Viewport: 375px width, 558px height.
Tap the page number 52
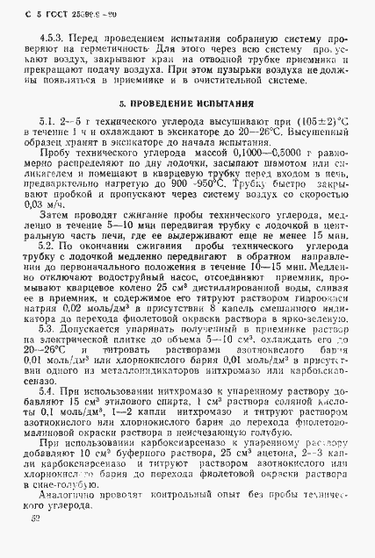32,543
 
